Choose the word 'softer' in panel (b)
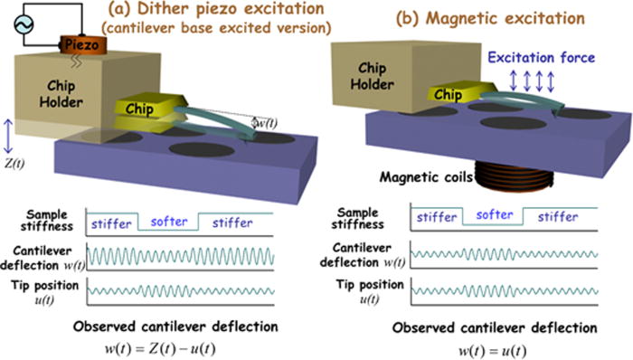492,217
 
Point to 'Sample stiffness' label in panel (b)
363,219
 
